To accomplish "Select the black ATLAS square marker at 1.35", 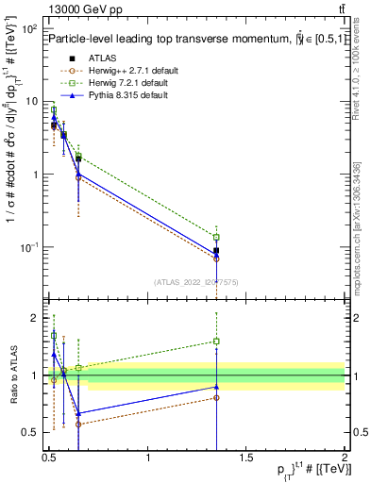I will click(x=216, y=251).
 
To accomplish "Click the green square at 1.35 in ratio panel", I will click(x=216, y=341).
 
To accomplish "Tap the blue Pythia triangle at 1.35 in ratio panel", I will click(x=216, y=387).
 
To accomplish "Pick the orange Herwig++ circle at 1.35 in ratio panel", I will click(x=216, y=397).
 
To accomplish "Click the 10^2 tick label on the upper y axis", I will click(x=29, y=29).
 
